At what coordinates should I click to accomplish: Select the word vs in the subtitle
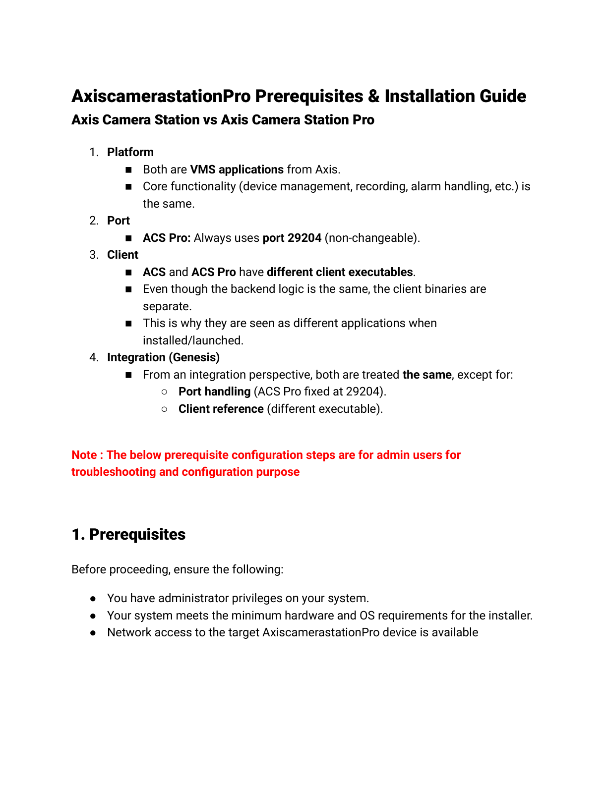coord(210,120)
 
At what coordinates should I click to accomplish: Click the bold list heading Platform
coord(130,152)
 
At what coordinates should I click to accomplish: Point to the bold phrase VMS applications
coord(237,169)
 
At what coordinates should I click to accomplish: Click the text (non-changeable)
coord(372,238)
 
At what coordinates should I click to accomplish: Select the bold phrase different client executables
coord(340,272)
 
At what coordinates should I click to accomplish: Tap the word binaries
coord(442,289)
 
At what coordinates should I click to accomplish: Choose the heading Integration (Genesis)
coord(163,357)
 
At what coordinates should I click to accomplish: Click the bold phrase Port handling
coord(214,392)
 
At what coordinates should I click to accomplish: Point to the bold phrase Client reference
coord(221,409)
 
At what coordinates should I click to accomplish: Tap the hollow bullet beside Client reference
coord(165,409)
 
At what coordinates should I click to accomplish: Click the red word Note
coord(84,455)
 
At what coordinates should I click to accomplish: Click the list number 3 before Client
coord(93,255)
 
